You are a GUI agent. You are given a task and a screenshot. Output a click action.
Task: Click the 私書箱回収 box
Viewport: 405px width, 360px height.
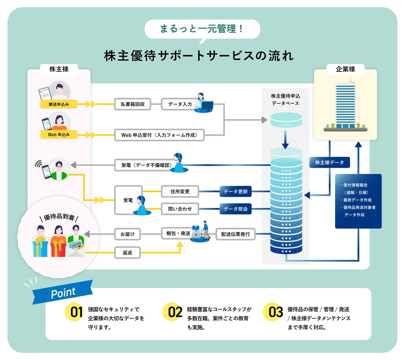(x=133, y=104)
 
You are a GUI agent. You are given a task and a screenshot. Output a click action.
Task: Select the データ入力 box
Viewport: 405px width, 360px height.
(x=179, y=104)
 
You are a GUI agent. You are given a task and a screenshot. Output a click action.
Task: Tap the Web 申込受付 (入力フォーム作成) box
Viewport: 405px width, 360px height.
(x=159, y=135)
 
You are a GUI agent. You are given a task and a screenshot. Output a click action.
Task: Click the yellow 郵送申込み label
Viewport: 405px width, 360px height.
(x=59, y=104)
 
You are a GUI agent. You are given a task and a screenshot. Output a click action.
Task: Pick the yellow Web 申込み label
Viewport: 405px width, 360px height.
(x=59, y=135)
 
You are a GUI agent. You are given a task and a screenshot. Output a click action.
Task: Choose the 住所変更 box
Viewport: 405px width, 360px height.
(x=180, y=191)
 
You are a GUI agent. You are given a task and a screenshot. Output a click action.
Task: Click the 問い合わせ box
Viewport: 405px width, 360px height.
(x=180, y=209)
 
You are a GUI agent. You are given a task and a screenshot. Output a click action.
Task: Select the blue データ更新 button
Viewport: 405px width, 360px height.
(x=235, y=191)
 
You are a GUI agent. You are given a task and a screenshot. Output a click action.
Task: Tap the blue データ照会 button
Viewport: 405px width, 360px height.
(x=235, y=209)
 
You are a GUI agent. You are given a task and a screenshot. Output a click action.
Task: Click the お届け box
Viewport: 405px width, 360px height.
(x=127, y=234)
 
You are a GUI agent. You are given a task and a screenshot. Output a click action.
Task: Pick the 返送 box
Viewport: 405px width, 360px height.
(x=127, y=253)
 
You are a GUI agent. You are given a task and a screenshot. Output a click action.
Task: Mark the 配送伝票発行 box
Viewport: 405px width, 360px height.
(x=235, y=234)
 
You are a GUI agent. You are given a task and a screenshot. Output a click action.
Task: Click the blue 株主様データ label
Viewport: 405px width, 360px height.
(x=330, y=162)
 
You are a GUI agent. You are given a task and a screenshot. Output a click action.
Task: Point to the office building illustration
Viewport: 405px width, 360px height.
(x=346, y=107)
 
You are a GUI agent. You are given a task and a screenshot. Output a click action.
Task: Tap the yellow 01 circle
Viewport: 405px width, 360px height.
(x=74, y=312)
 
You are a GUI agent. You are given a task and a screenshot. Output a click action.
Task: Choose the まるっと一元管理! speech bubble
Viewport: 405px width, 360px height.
(x=202, y=29)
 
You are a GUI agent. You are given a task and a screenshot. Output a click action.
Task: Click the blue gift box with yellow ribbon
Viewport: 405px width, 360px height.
(x=41, y=247)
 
